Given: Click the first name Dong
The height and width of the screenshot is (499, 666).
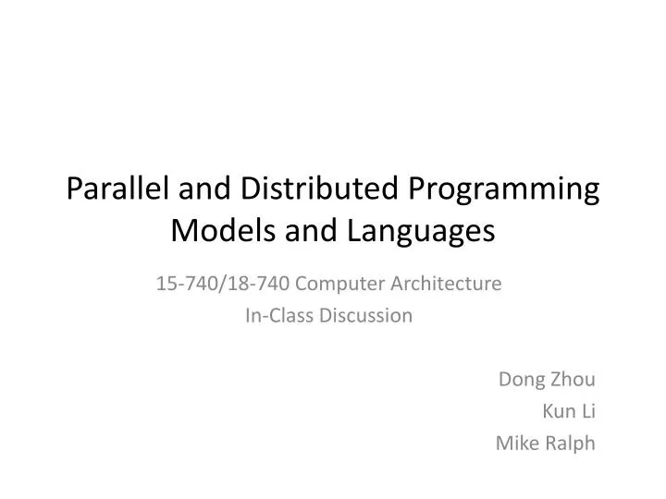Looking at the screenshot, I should (x=519, y=379).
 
